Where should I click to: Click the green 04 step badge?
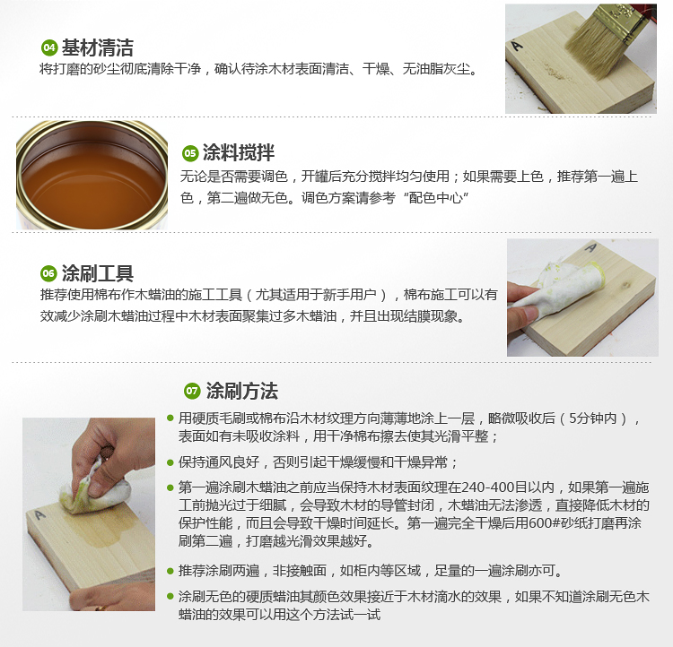[49, 47]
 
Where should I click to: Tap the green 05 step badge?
[189, 153]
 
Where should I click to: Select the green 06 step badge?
[48, 273]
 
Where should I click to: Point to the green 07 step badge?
[192, 391]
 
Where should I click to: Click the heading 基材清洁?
[98, 47]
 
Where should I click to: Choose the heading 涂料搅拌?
[238, 152]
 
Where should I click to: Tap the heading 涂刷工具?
[98, 273]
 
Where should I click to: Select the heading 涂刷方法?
[242, 391]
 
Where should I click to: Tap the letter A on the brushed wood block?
[517, 45]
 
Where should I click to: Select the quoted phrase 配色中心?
[435, 198]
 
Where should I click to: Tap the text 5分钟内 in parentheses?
[593, 418]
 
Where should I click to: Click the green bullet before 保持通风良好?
[170, 462]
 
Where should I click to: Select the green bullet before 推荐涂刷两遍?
[170, 571]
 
